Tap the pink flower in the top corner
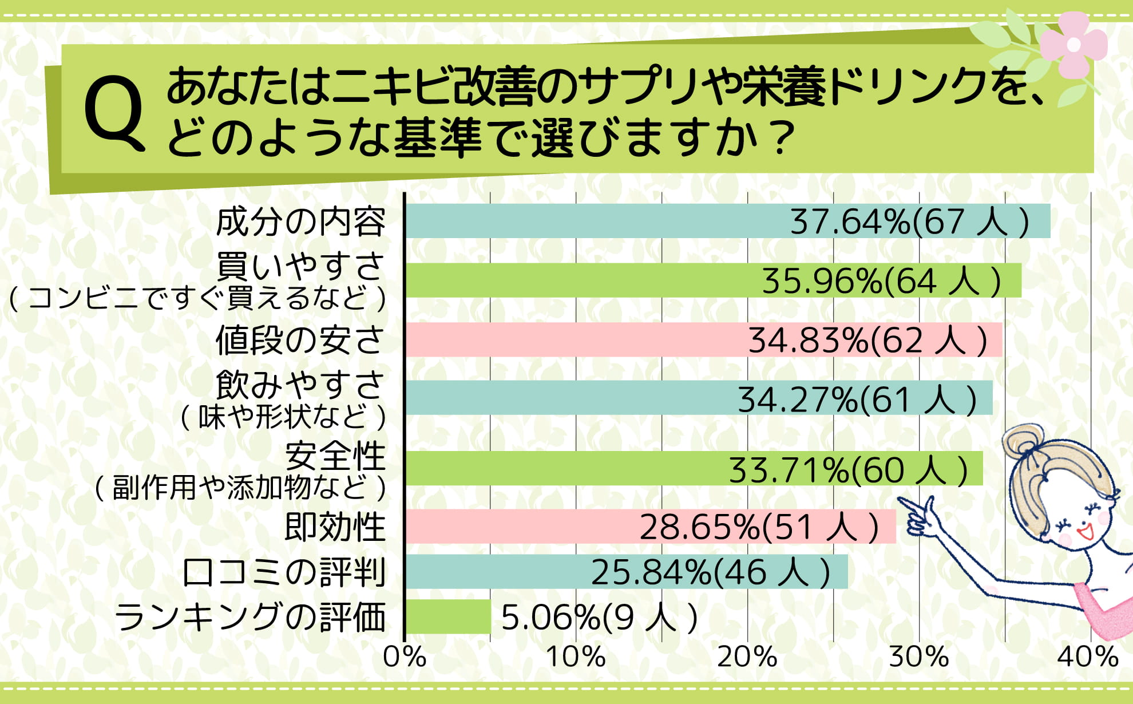1073,45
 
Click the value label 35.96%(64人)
881,281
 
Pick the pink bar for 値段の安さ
572,340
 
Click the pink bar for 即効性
515,527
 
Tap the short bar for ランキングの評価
448,616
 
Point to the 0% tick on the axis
405,656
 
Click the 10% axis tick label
576,656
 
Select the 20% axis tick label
747,656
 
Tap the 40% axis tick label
1088,656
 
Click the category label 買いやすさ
300,266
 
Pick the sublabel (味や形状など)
283,416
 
